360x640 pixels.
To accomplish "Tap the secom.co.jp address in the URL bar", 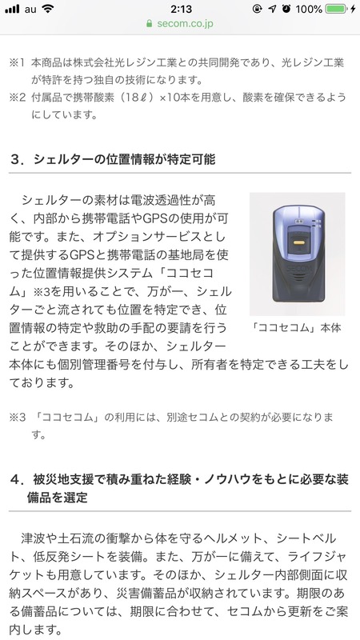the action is [185, 23].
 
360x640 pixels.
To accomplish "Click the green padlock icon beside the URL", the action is [150, 23].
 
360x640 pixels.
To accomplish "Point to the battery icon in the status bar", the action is [337, 9].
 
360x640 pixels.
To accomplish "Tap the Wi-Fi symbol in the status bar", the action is [48, 9].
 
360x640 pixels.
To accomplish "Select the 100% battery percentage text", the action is [308, 9].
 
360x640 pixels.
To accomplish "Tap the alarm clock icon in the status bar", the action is [286, 9].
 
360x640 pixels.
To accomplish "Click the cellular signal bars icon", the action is [12, 9].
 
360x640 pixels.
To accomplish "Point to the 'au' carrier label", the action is [30, 9].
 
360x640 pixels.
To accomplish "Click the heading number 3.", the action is [15, 159].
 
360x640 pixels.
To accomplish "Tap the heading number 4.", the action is [15, 479].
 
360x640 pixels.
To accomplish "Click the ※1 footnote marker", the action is [18, 63].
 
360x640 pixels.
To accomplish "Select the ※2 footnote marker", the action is [18, 98].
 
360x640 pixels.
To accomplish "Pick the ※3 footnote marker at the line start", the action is [18, 417].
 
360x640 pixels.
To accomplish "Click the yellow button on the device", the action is [298, 242].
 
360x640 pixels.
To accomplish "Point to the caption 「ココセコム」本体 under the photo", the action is [297, 328].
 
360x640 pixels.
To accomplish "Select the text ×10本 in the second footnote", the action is [176, 98].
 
